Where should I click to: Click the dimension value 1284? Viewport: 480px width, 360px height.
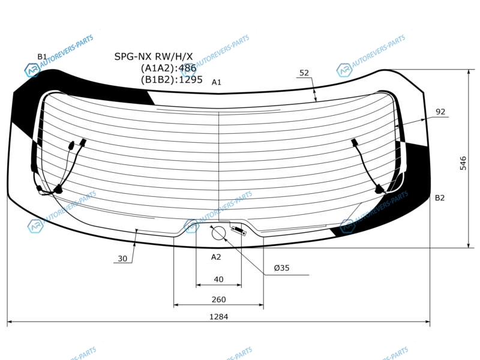(218, 316)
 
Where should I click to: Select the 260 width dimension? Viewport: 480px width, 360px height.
(218, 299)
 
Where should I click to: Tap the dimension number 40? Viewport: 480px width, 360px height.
(218, 279)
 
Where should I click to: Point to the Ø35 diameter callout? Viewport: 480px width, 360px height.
(281, 268)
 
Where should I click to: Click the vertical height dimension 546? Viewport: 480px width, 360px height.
(463, 163)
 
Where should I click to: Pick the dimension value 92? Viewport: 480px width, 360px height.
(440, 112)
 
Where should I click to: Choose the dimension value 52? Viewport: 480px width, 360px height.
(304, 73)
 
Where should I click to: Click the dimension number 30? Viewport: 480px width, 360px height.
(122, 259)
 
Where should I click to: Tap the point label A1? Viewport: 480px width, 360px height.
(216, 82)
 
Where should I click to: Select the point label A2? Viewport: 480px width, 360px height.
(216, 257)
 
